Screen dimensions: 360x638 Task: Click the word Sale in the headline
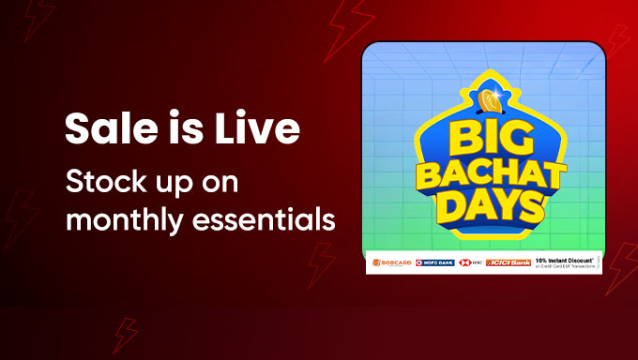(x=100, y=129)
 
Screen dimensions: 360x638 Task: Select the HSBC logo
(x=469, y=262)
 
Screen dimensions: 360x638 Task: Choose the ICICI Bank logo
(x=506, y=262)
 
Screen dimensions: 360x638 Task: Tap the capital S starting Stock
(x=71, y=182)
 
